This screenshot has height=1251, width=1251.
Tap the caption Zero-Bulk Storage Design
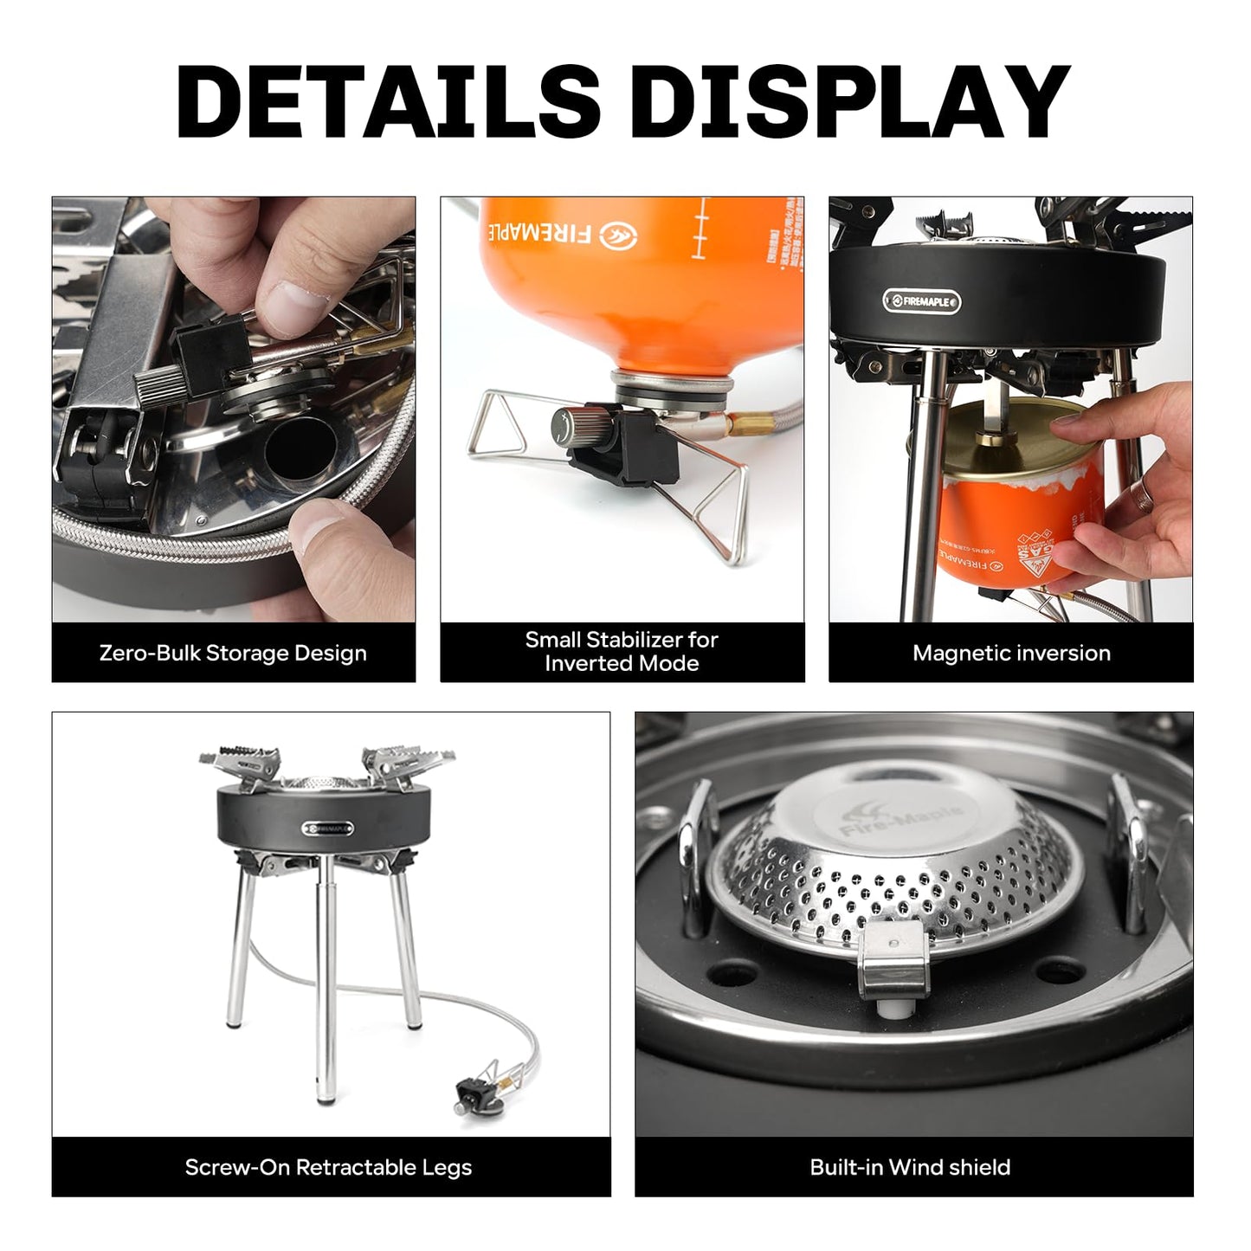point(233,653)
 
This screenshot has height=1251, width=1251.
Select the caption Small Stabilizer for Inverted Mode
point(622,652)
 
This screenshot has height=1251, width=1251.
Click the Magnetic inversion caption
point(1011,653)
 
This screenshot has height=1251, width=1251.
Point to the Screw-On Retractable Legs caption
point(329,1167)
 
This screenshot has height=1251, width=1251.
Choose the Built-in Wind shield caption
point(910,1167)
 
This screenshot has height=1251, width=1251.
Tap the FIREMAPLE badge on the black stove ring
point(921,301)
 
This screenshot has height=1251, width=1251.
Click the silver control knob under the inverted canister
point(572,426)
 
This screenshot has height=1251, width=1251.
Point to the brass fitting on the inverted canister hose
point(741,425)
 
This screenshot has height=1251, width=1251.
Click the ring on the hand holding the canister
point(1145,496)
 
